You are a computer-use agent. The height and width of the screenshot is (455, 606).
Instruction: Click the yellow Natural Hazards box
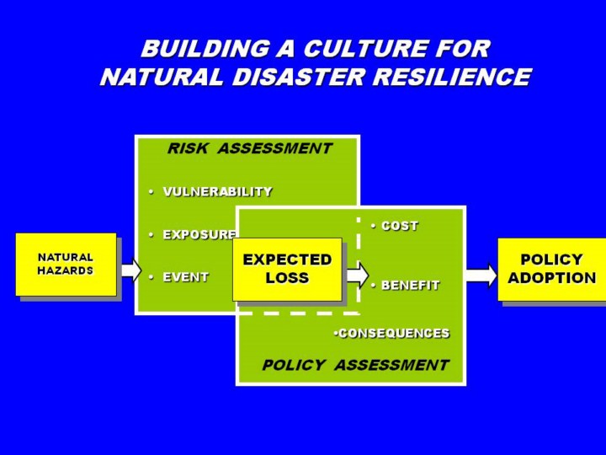[66, 264]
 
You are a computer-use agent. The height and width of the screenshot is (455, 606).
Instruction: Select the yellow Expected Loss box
[287, 269]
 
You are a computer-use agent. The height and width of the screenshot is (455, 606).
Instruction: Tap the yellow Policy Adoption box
[551, 269]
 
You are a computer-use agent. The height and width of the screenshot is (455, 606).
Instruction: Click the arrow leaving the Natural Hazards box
[130, 270]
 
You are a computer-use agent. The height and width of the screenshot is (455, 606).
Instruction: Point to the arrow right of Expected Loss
[357, 273]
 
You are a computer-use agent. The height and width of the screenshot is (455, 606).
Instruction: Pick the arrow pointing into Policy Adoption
[481, 275]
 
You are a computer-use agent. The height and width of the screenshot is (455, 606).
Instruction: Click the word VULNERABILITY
[217, 192]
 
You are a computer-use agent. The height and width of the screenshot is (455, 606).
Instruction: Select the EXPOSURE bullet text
[199, 234]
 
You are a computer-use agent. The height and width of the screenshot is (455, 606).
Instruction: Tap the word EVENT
[185, 276]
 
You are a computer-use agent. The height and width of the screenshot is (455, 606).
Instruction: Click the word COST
[399, 226]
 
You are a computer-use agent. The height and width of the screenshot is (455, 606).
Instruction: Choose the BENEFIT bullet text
[410, 286]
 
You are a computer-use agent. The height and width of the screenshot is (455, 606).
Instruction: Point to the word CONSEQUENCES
[394, 334]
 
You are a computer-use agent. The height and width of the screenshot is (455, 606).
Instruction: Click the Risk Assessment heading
[249, 149]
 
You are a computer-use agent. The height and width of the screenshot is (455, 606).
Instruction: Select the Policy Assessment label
[355, 366]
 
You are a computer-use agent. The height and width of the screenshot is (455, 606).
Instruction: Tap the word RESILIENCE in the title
[447, 78]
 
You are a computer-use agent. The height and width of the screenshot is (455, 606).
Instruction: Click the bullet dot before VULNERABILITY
[150, 192]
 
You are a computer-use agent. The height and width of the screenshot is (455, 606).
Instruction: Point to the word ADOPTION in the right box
[551, 278]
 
